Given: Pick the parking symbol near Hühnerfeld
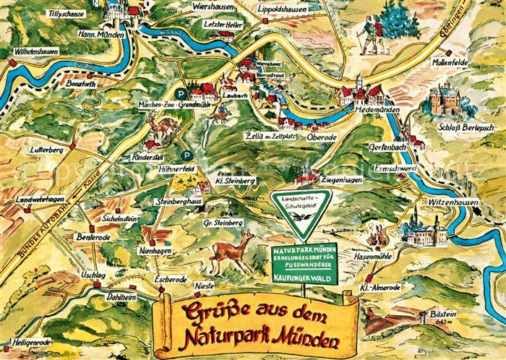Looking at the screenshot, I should coord(187,155).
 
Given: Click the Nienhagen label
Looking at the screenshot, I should coord(151,249).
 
